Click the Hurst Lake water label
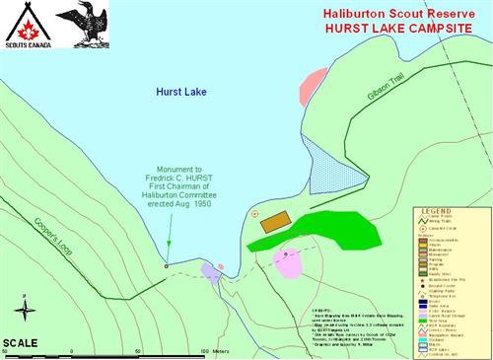pyautogui.click(x=181, y=91)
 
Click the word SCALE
pyautogui.click(x=21, y=342)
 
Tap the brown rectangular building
pyautogui.click(x=277, y=223)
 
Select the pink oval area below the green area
pyautogui.click(x=287, y=262)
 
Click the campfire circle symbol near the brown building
pyautogui.click(x=255, y=214)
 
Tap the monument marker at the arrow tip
pyautogui.click(x=166, y=265)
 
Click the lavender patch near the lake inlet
pyautogui.click(x=208, y=269)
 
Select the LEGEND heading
pyautogui.click(x=435, y=211)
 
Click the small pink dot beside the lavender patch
pyautogui.click(x=221, y=266)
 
